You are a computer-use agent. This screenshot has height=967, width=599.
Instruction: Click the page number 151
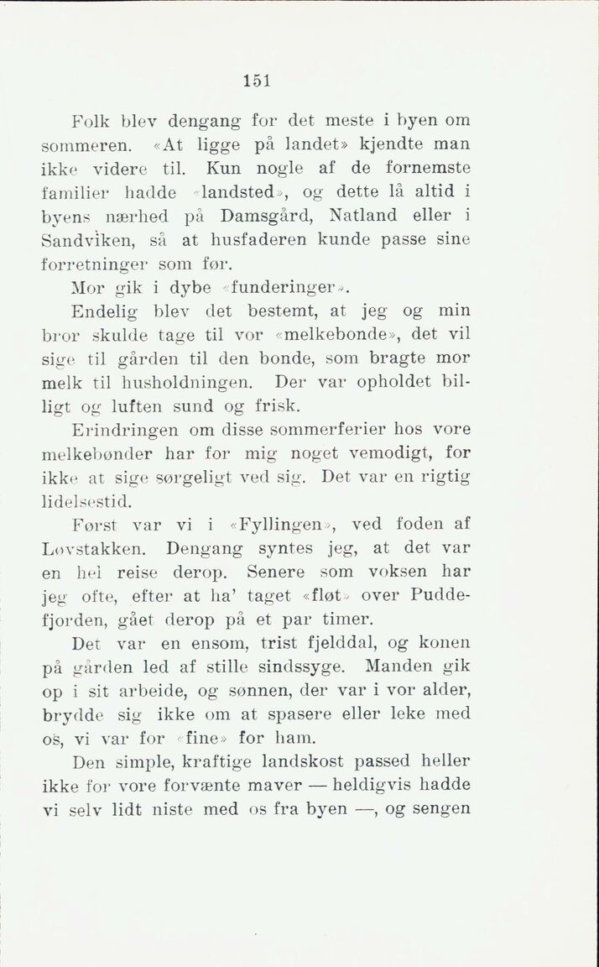pyautogui.click(x=256, y=81)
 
